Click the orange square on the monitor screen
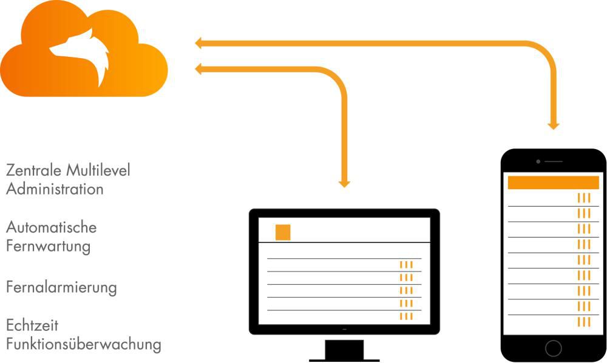[x=283, y=232]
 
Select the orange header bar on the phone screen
[x=553, y=182]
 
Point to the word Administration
[x=55, y=189]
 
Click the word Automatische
[x=52, y=228]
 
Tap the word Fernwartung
[x=49, y=247]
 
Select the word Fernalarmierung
[x=61, y=286]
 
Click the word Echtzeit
[x=32, y=325]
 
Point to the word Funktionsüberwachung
[x=84, y=344]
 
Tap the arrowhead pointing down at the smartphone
[x=553, y=125]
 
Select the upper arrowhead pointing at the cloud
[x=199, y=43]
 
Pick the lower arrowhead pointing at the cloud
[x=199, y=70]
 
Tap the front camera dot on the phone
[x=538, y=162]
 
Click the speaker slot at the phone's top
[x=554, y=162]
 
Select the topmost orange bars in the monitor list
[x=406, y=265]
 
